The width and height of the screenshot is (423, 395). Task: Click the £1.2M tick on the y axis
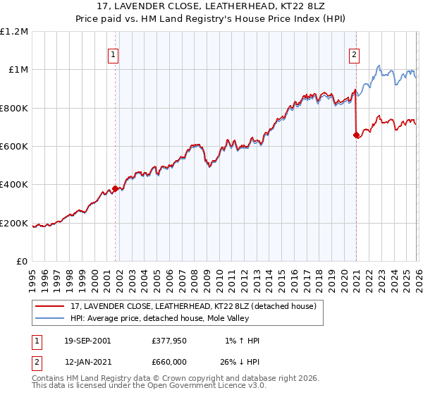tap(14, 31)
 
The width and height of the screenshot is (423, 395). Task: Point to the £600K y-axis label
tap(14, 147)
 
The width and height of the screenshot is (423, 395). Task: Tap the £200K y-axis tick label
tap(14, 224)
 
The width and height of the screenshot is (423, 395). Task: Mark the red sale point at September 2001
tap(115, 189)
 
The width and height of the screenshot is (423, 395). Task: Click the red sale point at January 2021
tap(356, 135)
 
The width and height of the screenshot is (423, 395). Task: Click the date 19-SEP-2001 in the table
tap(87, 341)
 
